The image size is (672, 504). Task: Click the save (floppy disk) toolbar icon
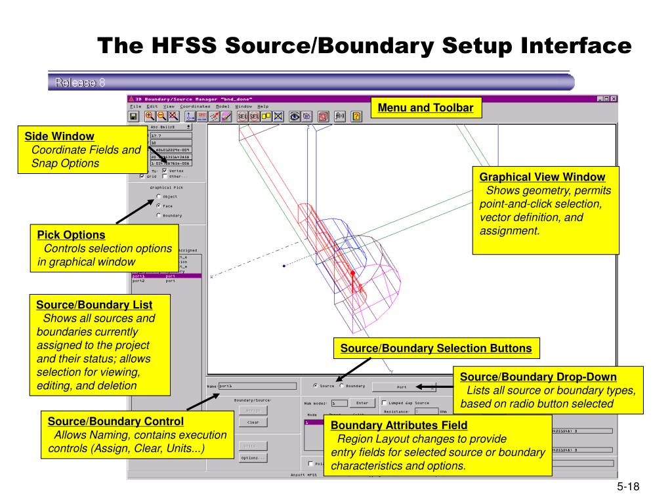click(x=134, y=116)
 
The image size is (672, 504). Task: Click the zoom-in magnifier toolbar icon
click(x=150, y=116)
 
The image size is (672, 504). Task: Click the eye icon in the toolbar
click(x=295, y=116)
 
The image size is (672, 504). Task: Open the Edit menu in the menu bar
click(x=152, y=106)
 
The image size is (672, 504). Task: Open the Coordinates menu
click(x=195, y=106)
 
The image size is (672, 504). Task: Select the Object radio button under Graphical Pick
click(x=159, y=196)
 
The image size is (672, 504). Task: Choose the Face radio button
click(x=159, y=205)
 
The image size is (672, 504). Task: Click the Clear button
click(x=253, y=423)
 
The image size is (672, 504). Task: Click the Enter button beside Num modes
click(x=362, y=403)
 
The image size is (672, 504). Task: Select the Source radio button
click(x=315, y=386)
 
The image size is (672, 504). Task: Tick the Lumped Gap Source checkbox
click(x=384, y=403)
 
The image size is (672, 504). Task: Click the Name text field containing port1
click(x=256, y=386)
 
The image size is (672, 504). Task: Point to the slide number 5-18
click(x=627, y=486)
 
